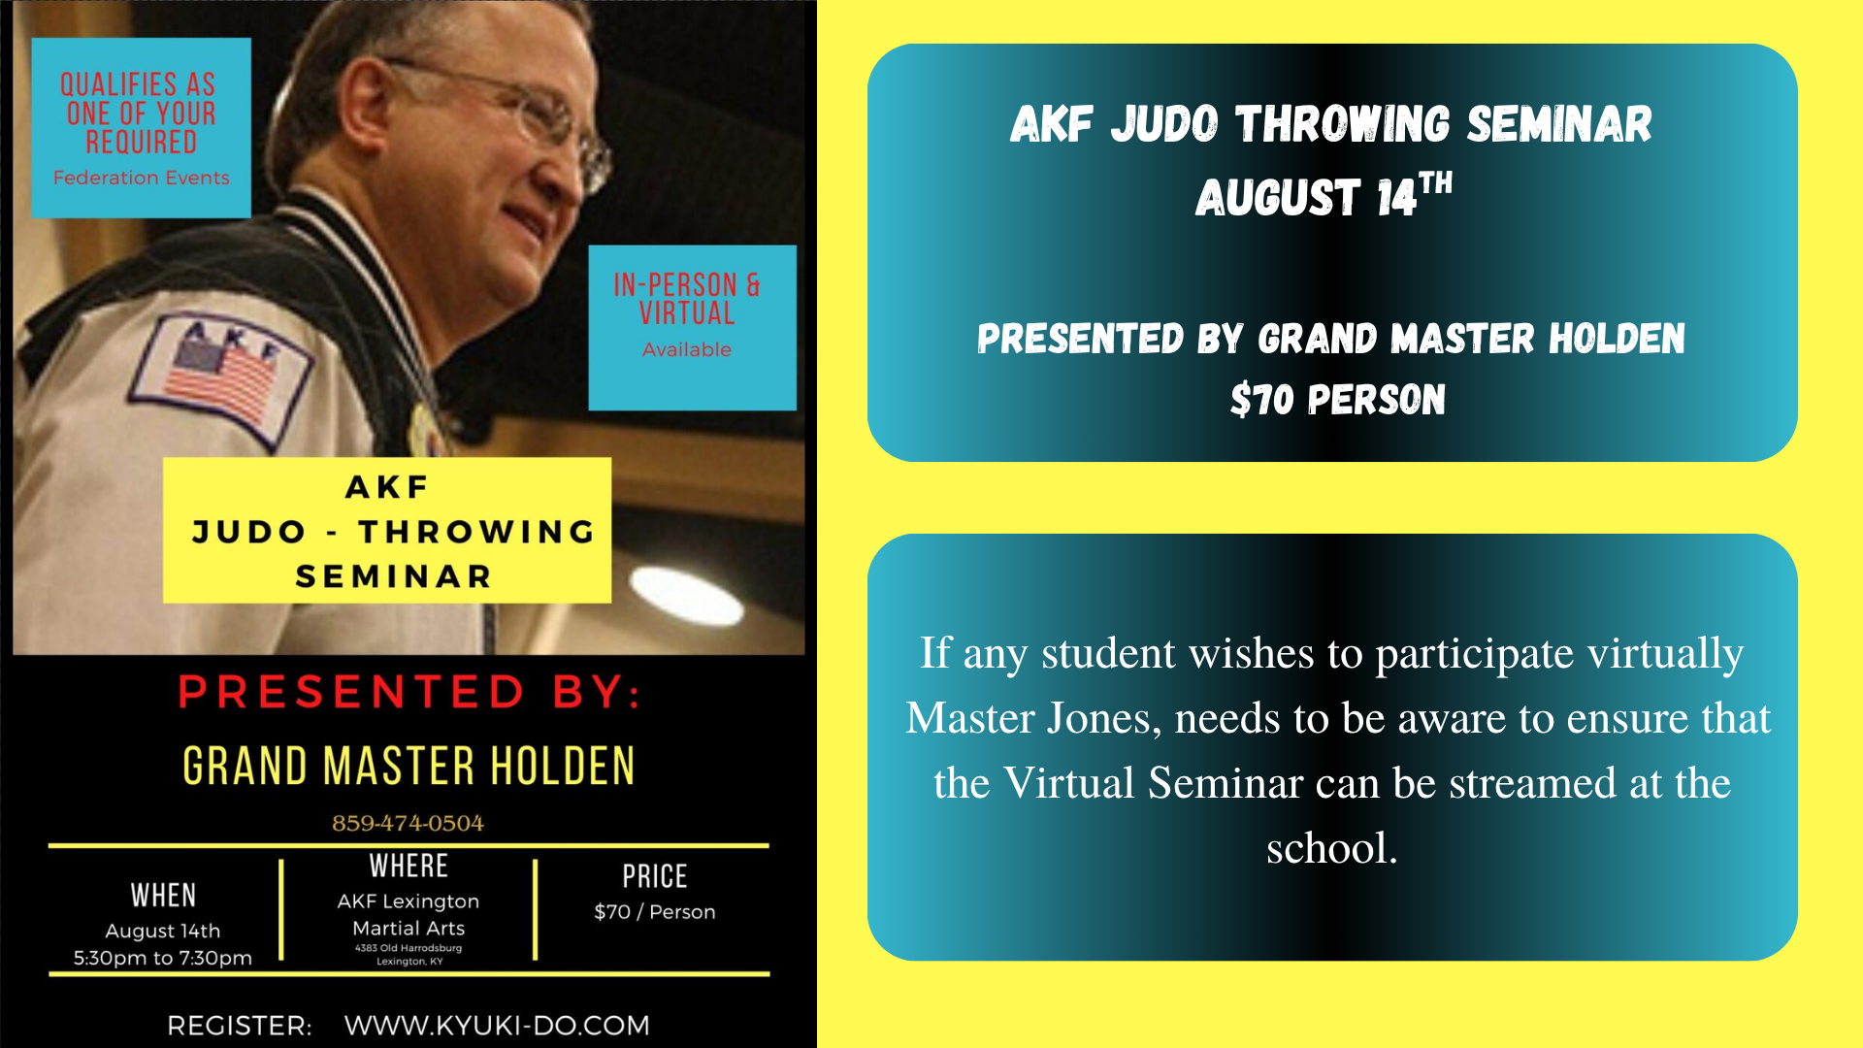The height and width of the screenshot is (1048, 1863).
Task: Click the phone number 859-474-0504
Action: [408, 823]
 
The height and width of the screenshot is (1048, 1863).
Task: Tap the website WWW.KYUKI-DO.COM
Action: [497, 1025]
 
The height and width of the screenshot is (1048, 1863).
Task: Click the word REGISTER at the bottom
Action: [239, 1026]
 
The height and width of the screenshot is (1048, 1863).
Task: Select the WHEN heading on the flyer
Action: [163, 895]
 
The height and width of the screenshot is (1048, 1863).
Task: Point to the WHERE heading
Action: [409, 866]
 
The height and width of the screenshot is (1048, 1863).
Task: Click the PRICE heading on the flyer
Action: [655, 876]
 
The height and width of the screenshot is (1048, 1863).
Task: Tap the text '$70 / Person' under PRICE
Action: [655, 912]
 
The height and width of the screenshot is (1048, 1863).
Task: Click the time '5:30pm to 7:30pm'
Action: [163, 958]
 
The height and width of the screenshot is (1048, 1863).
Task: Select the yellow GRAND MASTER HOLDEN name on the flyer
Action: [409, 766]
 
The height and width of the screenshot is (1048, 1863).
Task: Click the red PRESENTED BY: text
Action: [409, 692]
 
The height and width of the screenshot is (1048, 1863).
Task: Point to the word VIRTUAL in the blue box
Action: [687, 313]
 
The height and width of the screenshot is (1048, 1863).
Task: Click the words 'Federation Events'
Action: [142, 178]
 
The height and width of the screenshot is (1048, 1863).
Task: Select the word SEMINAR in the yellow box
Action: [394, 576]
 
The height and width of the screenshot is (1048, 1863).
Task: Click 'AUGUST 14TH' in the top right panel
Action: [1324, 195]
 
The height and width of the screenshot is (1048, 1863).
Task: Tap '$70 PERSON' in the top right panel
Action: [1338, 400]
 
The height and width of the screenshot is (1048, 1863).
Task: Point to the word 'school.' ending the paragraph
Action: [1332, 848]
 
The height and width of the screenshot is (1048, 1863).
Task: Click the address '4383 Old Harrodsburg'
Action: [409, 948]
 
